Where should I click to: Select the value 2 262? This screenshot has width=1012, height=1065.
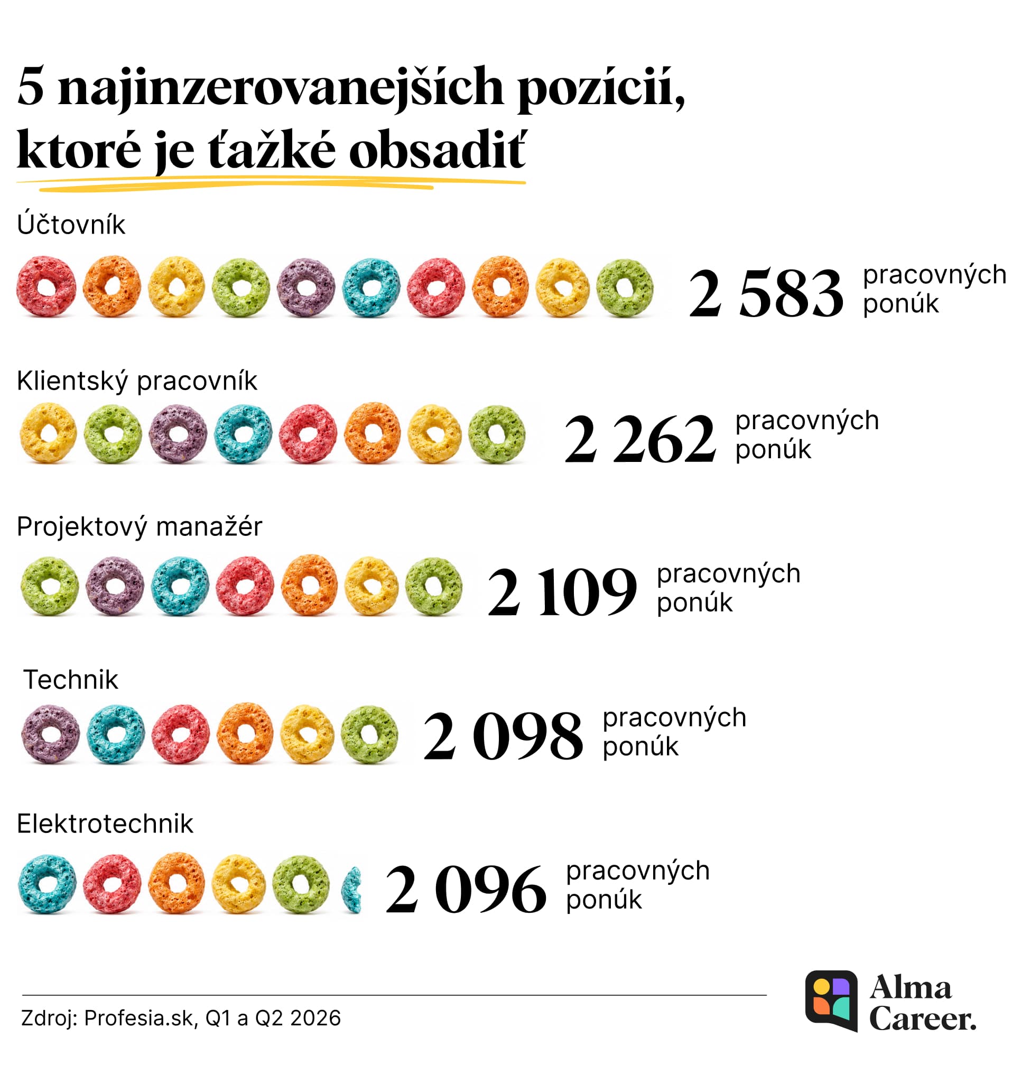[640, 439]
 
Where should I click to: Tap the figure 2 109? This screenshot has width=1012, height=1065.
[562, 592]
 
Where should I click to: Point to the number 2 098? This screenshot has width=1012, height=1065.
[503, 735]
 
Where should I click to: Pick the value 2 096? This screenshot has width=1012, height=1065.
[466, 889]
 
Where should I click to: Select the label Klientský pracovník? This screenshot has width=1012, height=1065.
[137, 382]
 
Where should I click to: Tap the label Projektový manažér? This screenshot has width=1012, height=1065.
[139, 526]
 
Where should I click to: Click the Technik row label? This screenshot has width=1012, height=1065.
[70, 679]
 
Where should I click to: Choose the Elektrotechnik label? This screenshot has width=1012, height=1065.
[105, 823]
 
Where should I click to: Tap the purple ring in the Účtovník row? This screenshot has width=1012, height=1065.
[306, 287]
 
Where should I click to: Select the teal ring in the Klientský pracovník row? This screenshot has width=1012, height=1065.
[243, 434]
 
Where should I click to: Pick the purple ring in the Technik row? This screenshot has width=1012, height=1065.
[50, 734]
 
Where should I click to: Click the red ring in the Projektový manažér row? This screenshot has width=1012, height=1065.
[244, 587]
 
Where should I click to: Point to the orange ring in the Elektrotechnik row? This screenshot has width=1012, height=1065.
[177, 883]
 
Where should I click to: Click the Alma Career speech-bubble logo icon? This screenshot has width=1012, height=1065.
[831, 1001]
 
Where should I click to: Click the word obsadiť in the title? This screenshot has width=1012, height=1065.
[437, 150]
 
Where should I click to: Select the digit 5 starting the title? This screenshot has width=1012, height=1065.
[30, 86]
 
